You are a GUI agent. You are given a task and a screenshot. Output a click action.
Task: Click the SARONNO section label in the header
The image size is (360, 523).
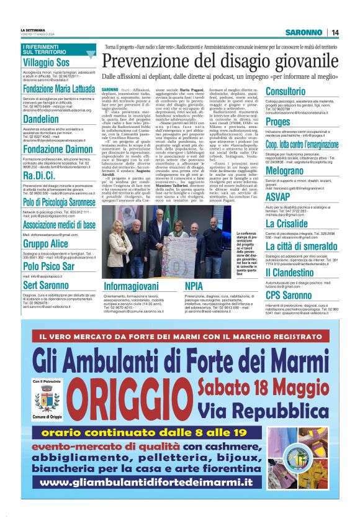[x=305, y=32]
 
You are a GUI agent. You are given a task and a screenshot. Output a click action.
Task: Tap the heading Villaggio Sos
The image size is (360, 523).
[x=46, y=63]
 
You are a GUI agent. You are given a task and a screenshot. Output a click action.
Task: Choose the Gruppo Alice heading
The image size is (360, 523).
[x=45, y=243]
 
